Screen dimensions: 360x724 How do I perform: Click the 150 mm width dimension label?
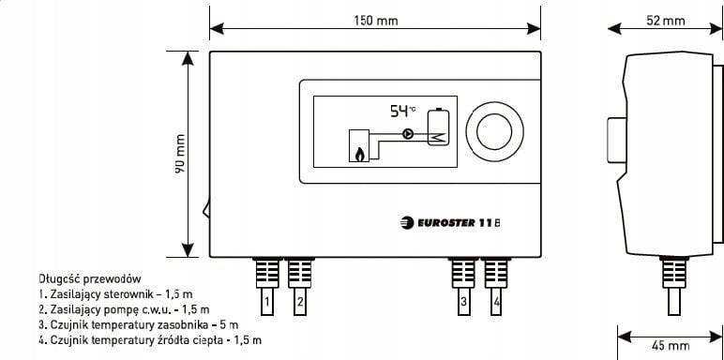(x=374, y=21)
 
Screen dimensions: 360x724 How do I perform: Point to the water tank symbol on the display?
(x=438, y=128)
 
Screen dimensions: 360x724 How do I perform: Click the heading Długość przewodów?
(x=90, y=279)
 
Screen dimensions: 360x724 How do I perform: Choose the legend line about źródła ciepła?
(x=150, y=339)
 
